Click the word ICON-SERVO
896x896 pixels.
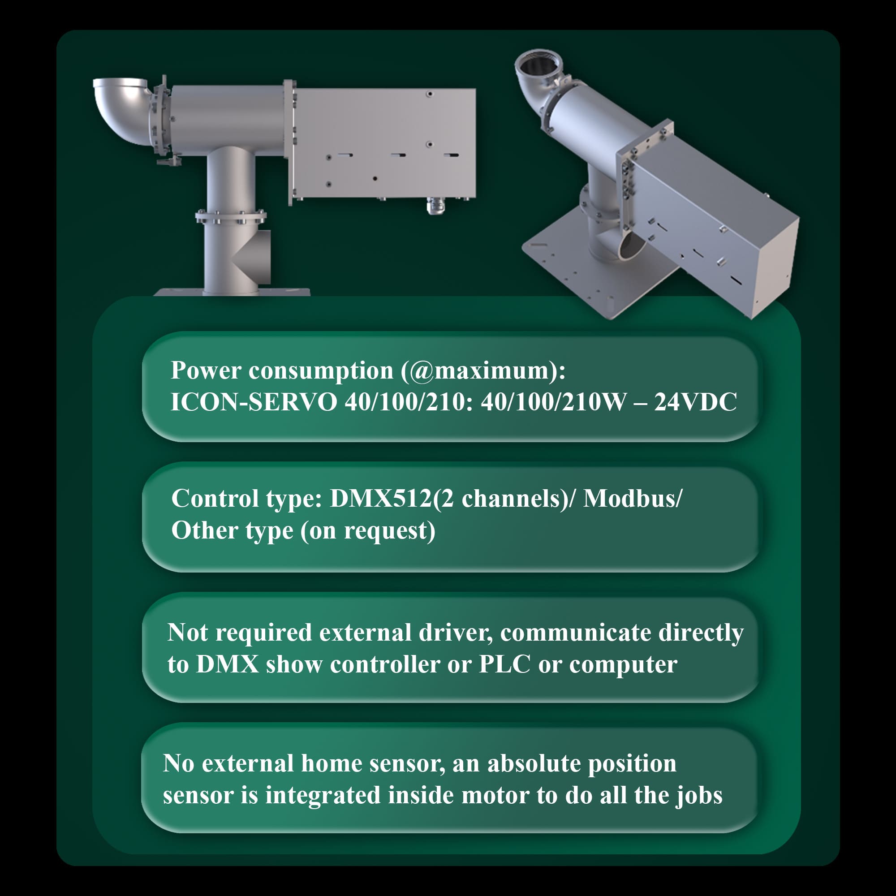(253, 401)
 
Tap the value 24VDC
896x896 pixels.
(696, 401)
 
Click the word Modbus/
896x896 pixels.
(633, 499)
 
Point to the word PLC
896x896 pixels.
(504, 664)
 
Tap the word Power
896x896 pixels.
(206, 370)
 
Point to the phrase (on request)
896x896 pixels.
(368, 531)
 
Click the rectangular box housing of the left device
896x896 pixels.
(384, 144)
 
